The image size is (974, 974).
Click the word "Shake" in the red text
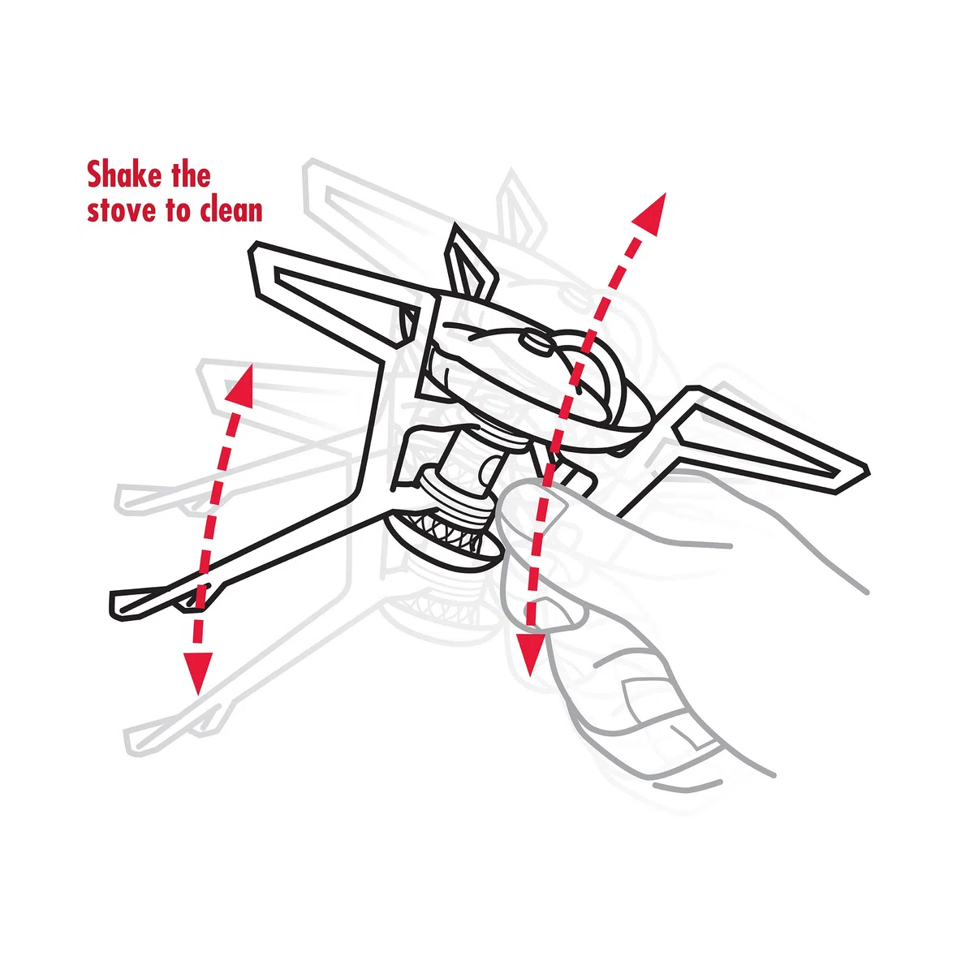click(x=124, y=175)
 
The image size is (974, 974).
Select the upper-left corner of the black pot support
click(x=254, y=246)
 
